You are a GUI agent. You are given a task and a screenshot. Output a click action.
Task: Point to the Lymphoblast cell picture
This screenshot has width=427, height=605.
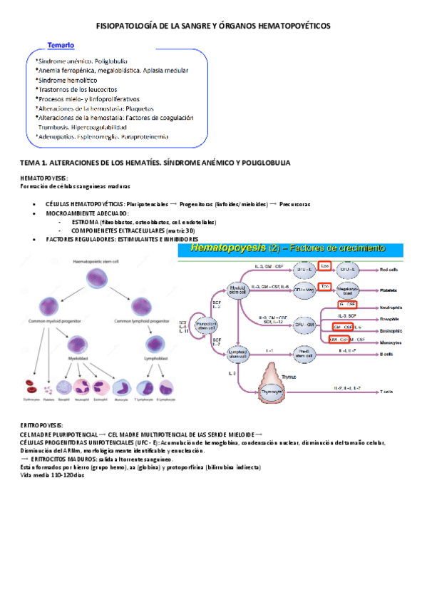pyautogui.click(x=155, y=343)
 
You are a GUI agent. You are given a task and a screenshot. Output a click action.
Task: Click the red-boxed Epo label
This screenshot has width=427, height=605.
pyautogui.click(x=324, y=266)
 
